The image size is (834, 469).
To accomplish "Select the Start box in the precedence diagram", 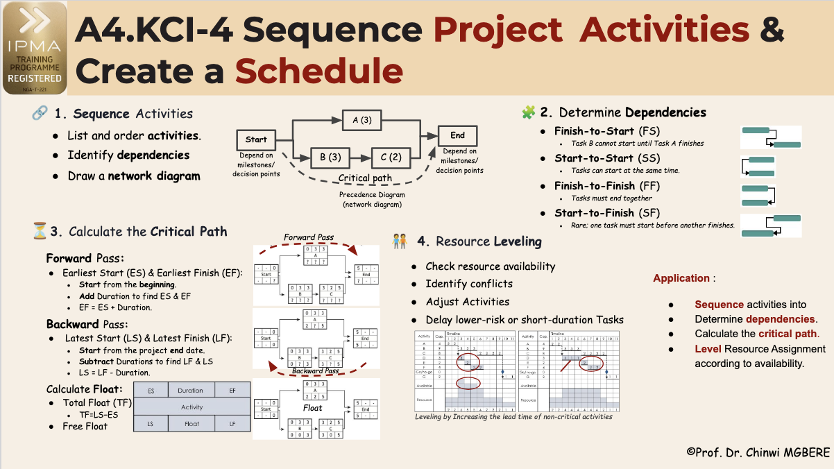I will coord(256,139).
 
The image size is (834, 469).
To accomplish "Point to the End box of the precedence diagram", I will coord(457,135).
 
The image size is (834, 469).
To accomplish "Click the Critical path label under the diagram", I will coord(365,178).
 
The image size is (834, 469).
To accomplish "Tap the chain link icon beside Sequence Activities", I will coord(40,113).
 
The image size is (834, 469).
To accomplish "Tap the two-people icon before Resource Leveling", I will coord(400,241).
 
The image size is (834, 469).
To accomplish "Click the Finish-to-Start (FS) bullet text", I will coord(606,131).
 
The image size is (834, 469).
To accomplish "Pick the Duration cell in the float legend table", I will coord(191,391).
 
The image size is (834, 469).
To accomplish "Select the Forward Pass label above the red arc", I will coord(309,237).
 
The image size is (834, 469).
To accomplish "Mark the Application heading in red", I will coord(681,278).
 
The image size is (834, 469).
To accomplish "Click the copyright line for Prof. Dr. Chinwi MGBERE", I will coord(758,452).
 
